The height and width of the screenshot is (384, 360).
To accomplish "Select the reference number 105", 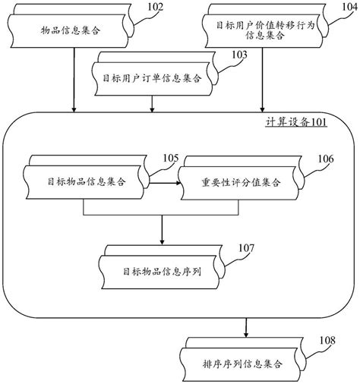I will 172,158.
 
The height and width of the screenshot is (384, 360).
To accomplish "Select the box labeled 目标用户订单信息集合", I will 152,77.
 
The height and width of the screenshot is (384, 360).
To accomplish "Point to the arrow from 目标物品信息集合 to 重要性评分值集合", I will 163,183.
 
